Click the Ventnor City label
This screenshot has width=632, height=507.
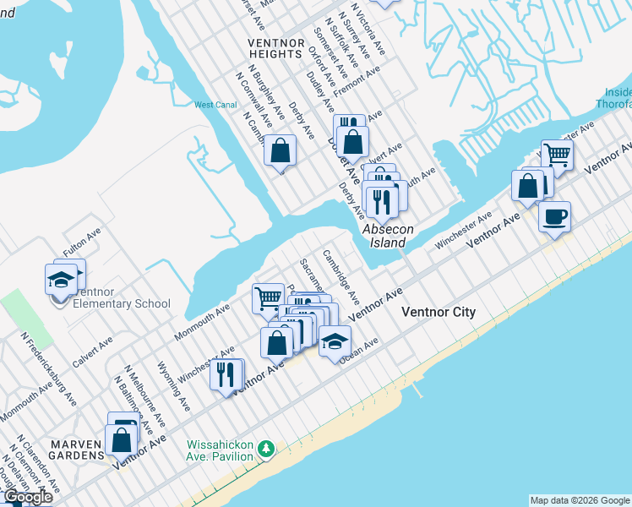439,313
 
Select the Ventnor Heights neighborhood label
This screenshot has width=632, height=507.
275,48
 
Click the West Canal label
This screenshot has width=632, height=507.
215,106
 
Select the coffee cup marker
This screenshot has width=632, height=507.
554,216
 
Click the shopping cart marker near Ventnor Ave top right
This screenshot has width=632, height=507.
558,155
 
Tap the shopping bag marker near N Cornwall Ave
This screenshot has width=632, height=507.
281,150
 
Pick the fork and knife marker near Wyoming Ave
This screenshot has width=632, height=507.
226,373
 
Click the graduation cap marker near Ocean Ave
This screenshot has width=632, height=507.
335,341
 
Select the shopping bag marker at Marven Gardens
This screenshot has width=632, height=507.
121,439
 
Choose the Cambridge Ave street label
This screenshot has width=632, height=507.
341,276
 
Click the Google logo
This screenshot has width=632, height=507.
27,498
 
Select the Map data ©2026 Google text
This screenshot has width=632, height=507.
579,500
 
